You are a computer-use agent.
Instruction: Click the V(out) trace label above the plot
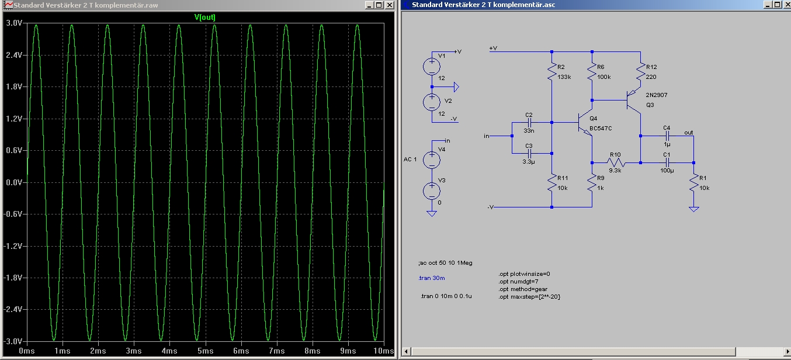point(205,17)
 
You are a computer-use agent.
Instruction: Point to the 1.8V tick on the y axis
point(14,87)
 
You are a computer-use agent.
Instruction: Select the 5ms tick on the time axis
point(205,351)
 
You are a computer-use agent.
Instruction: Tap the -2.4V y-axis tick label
point(13,310)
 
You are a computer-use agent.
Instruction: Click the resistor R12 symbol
point(640,72)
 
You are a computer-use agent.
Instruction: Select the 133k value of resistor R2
point(564,77)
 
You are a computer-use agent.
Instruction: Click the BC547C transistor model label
point(601,128)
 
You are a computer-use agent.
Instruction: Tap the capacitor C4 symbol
point(667,136)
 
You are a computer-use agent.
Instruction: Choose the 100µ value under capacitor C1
point(667,170)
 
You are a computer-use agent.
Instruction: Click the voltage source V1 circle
point(432,67)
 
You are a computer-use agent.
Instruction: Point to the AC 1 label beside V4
point(410,160)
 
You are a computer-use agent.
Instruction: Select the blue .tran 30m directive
point(432,278)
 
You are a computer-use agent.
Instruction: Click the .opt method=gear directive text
point(523,289)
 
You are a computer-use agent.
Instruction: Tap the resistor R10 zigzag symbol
point(616,163)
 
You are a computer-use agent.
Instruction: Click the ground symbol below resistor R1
point(694,209)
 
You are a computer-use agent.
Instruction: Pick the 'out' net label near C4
point(689,133)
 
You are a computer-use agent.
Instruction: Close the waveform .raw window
point(389,5)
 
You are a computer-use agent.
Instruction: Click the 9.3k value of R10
point(615,170)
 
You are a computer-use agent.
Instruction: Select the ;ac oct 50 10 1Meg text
point(445,263)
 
